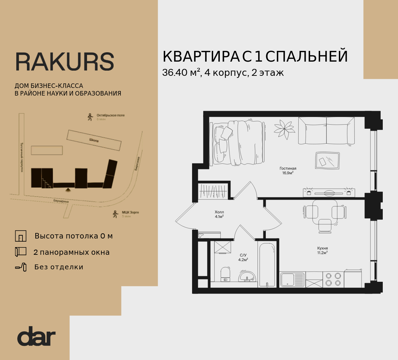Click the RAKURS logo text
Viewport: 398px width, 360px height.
64,62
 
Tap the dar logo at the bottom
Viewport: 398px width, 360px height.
36,336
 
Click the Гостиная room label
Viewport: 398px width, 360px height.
288,169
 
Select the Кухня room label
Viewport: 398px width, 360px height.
322,248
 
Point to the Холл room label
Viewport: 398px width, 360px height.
219,212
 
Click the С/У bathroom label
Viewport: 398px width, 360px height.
243,255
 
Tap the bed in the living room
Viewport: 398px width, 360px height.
238,142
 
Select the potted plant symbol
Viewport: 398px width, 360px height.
284,129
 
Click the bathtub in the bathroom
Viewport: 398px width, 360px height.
267,265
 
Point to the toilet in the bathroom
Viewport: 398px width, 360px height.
225,274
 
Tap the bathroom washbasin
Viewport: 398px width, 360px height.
247,277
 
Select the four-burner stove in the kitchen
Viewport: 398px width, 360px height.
333,279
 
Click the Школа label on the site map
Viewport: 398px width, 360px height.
94,141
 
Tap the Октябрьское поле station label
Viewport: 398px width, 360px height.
110,115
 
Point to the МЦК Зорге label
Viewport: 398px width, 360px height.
130,212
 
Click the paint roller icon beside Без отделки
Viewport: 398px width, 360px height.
20,267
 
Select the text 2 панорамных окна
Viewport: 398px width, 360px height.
71,252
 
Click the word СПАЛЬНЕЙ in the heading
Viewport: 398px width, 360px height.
307,56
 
